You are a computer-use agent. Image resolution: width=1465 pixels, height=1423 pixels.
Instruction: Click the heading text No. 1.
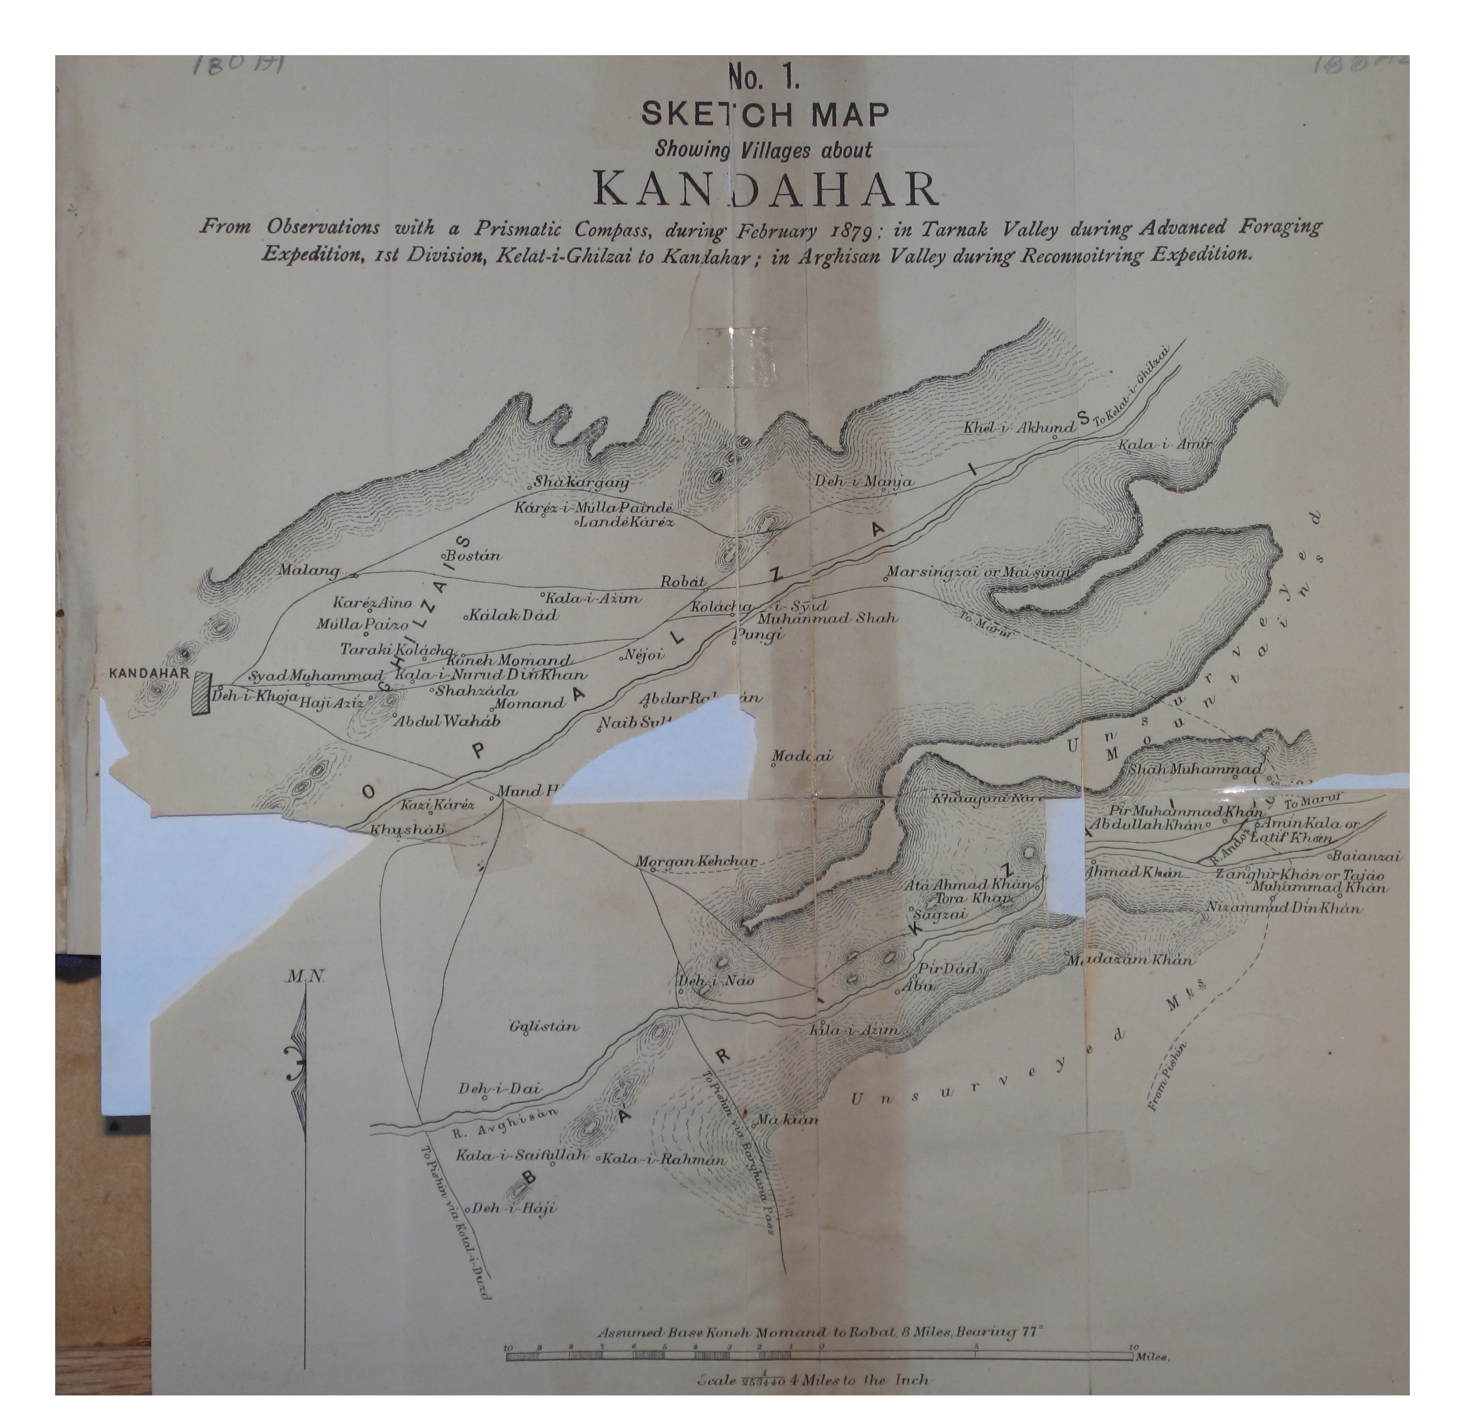click(765, 77)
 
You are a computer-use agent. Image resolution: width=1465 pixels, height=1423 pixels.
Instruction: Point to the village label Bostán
click(473, 556)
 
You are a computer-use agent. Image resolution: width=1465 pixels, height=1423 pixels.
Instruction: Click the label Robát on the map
click(682, 581)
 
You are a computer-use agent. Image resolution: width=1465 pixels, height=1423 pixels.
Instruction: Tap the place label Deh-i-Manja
click(863, 482)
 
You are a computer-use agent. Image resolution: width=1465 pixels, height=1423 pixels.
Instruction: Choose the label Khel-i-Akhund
click(1018, 428)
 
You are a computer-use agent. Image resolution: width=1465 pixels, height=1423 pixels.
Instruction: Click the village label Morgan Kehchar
click(696, 862)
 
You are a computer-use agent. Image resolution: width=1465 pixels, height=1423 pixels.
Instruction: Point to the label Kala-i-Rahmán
click(663, 1160)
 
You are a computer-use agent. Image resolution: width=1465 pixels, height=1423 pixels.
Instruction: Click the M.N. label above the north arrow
click(304, 977)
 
